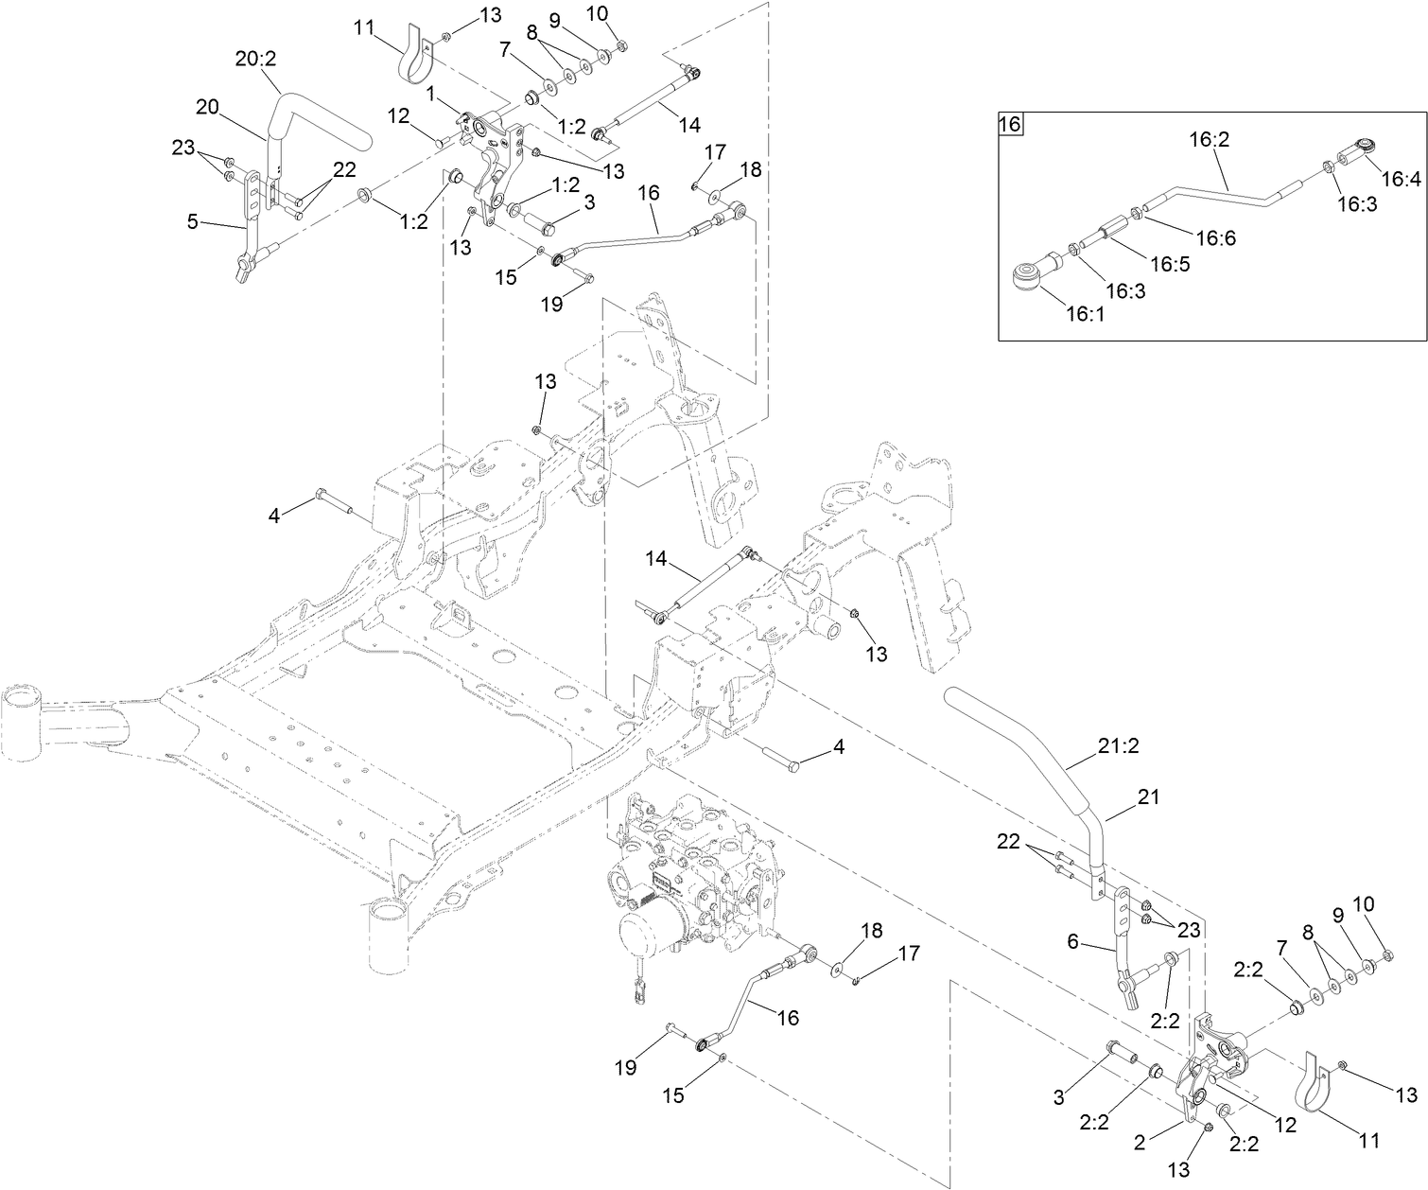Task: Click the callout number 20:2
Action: [254, 59]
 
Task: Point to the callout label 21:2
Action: [1119, 746]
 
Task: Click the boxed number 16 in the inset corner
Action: [1011, 124]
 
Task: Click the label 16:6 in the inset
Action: [1216, 238]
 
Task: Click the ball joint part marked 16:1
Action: [1029, 277]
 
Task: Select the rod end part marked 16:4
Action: [1359, 149]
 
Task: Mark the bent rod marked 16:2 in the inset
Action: [1220, 192]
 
